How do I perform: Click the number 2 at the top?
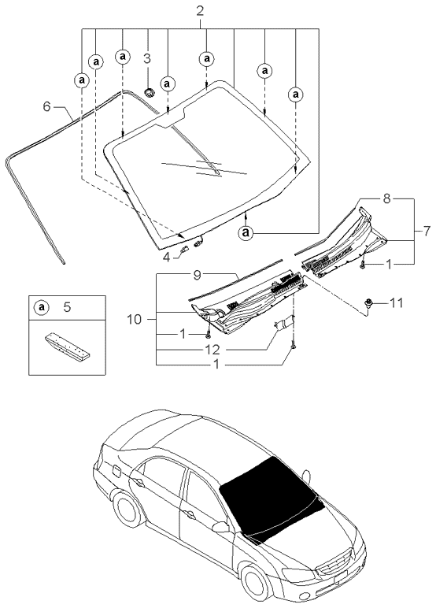click(x=200, y=10)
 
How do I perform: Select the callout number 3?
click(x=147, y=58)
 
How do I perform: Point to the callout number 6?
click(x=46, y=106)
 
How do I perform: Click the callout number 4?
click(x=167, y=255)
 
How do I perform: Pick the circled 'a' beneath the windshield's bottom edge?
click(x=246, y=232)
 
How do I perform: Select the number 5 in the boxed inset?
click(x=66, y=307)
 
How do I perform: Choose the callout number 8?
click(x=386, y=199)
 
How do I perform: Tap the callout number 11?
click(x=397, y=302)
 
